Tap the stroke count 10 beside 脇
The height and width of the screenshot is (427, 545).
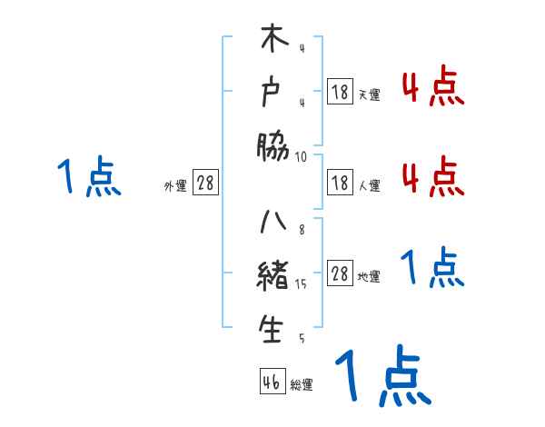point(302,156)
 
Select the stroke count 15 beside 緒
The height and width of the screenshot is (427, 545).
point(302,284)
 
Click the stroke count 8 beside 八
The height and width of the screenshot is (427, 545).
point(302,230)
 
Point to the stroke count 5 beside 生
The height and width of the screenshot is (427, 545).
point(302,339)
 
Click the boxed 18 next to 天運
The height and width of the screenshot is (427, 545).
point(341,91)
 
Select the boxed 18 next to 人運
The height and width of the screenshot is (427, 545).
point(341,183)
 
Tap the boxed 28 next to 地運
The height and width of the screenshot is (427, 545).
point(341,274)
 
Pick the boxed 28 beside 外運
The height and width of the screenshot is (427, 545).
point(206,183)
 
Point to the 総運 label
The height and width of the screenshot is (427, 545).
point(302,385)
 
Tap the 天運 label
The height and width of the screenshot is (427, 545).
point(369,94)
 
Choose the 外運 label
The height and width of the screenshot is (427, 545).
point(175,186)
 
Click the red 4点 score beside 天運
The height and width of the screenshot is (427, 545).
point(432,86)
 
